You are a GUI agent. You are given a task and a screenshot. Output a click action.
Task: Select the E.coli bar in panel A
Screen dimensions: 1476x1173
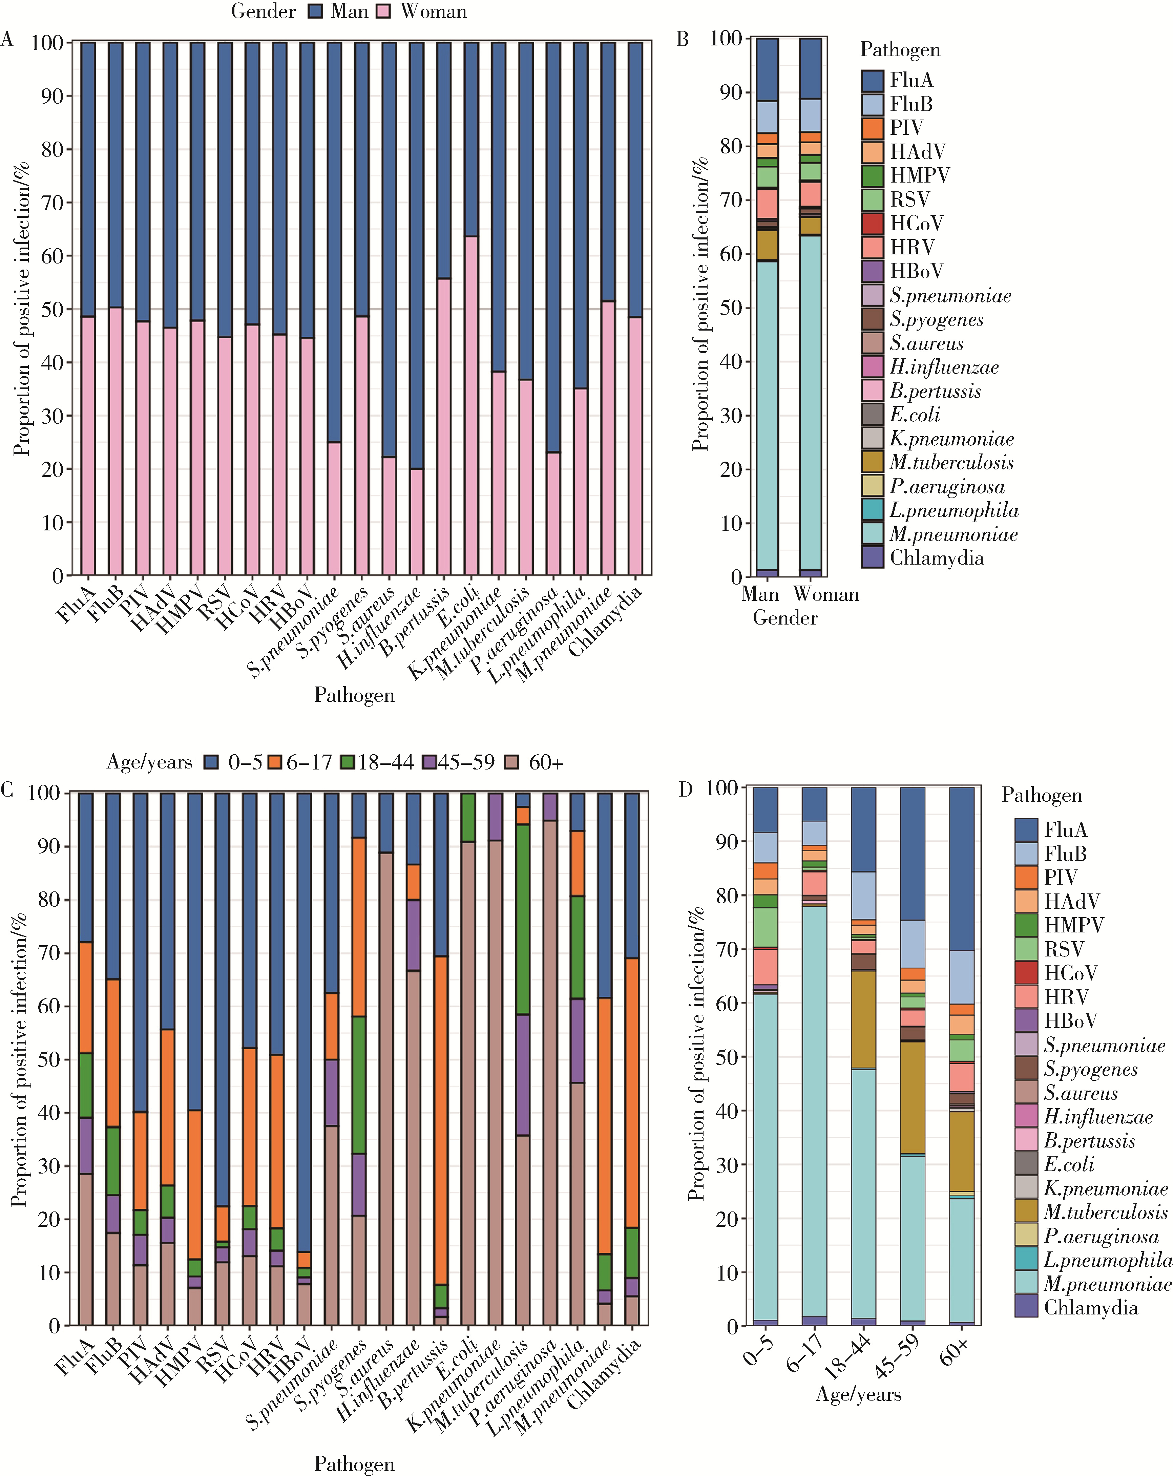(471, 308)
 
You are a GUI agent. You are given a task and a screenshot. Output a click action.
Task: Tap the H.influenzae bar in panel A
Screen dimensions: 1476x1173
(416, 308)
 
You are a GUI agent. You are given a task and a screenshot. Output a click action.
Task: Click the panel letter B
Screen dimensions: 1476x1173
(683, 39)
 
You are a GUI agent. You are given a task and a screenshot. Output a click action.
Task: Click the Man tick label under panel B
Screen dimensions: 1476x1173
(760, 594)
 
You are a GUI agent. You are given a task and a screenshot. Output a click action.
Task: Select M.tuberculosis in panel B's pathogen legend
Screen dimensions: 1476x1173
(951, 463)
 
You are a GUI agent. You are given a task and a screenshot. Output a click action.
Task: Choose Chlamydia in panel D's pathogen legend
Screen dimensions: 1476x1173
(1091, 1308)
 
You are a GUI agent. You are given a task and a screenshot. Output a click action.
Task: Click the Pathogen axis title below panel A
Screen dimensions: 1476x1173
(354, 696)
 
